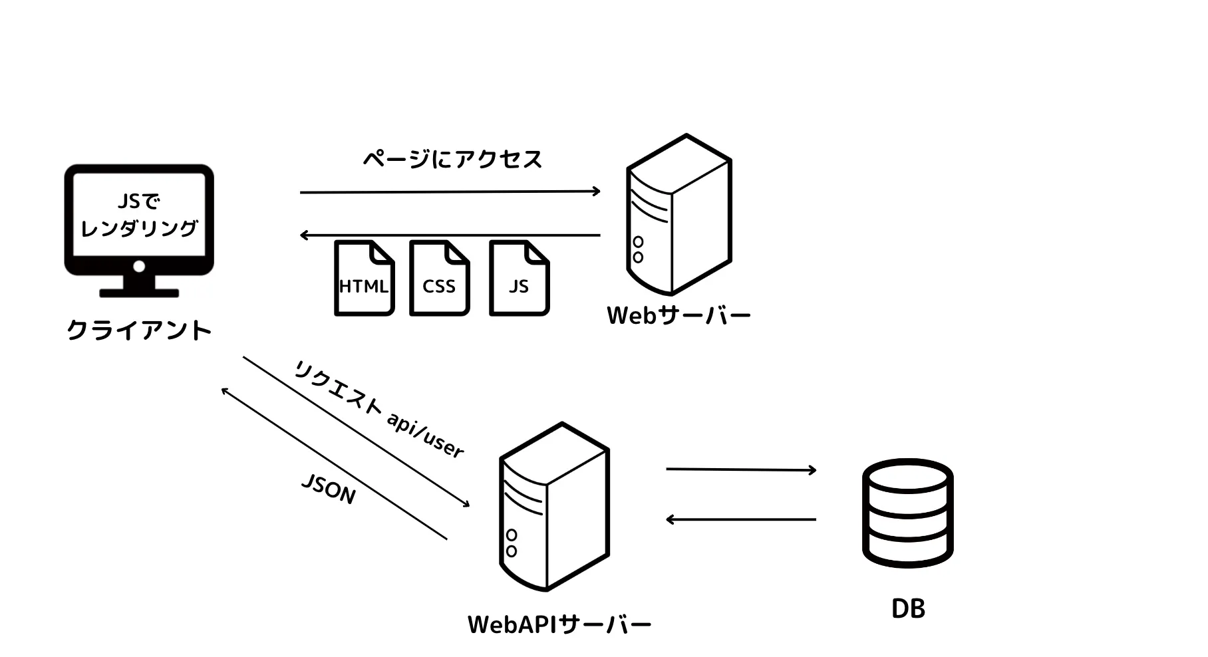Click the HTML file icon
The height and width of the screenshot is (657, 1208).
click(364, 279)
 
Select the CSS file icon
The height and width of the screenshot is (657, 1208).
click(439, 279)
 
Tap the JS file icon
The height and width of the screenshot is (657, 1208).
click(519, 279)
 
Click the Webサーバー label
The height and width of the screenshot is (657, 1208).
click(679, 316)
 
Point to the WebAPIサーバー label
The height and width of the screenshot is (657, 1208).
click(559, 625)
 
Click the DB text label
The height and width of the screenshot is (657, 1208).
click(908, 609)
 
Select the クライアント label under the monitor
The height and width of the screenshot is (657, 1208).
click(139, 330)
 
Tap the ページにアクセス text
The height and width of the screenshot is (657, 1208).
click(453, 160)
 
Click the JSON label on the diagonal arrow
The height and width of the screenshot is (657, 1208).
click(329, 489)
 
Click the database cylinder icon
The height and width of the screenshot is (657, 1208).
click(908, 513)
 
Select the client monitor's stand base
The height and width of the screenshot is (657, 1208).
click(139, 293)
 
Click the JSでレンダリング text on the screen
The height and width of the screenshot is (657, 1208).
click(139, 215)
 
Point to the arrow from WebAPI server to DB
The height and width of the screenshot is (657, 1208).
click(741, 469)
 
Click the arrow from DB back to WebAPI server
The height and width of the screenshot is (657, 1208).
click(741, 519)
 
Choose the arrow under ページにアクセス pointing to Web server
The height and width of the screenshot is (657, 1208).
click(450, 192)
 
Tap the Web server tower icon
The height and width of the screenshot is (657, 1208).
click(679, 215)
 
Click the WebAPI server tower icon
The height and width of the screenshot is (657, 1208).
click(554, 507)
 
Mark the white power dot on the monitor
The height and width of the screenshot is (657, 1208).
click(139, 267)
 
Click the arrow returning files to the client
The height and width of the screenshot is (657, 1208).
click(450, 235)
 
